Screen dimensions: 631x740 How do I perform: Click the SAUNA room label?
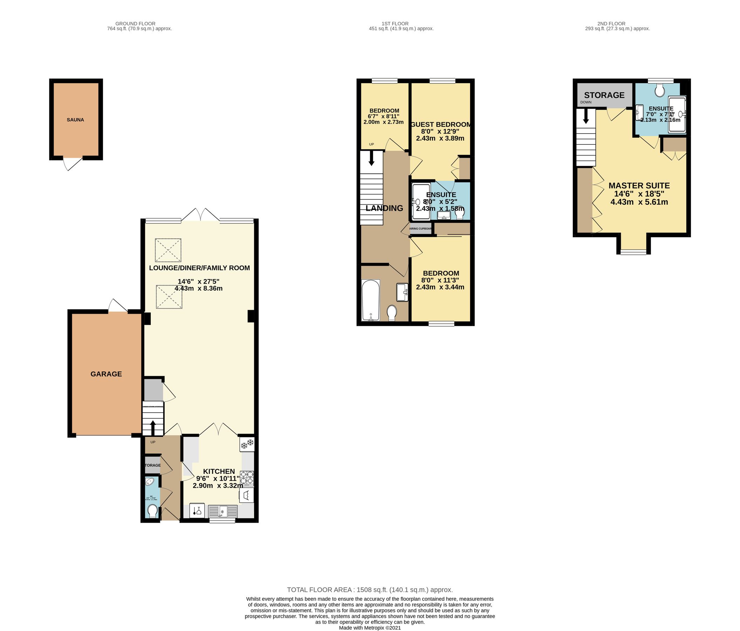coord(75,120)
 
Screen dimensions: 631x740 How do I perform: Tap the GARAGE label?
coord(106,374)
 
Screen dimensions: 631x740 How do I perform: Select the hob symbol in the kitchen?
coord(247,478)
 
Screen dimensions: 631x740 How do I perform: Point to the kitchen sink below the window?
coord(223,511)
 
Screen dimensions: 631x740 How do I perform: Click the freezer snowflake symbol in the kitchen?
coord(247,445)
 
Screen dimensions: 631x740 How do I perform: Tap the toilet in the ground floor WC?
coord(152,511)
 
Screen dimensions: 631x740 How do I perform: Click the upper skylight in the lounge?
coord(168,250)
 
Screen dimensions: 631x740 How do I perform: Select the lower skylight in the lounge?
coord(168,297)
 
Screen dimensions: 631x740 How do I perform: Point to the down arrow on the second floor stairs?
coord(586,117)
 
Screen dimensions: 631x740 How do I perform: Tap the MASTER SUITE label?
coord(639,186)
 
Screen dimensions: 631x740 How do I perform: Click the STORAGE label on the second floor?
coord(604,95)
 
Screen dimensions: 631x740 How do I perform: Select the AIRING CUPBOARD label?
coord(420,229)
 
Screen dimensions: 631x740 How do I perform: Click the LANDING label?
coord(384,208)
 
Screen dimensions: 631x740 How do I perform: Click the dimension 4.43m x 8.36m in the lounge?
coord(198,288)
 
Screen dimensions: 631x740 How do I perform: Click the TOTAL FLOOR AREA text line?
coord(369,590)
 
